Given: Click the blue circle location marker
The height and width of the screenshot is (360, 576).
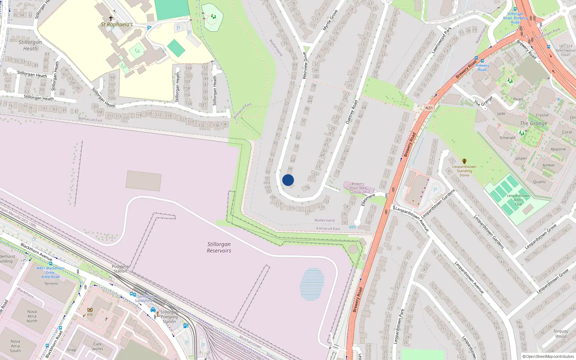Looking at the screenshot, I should (x=288, y=180).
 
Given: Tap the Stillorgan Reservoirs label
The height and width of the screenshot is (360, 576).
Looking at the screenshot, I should (x=219, y=247).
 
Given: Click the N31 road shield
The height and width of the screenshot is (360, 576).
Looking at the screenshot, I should (x=429, y=108).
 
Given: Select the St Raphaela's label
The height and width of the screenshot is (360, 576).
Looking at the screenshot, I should (x=117, y=24).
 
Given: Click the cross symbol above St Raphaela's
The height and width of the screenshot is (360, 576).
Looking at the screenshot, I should (x=111, y=18).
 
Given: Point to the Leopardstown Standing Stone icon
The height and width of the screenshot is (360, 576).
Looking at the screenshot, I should (x=464, y=161).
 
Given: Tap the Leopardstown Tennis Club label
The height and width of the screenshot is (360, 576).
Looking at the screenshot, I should (x=518, y=200).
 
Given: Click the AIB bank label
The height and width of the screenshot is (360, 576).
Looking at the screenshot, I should (x=90, y=314).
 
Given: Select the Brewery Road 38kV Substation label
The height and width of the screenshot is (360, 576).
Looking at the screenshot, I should (x=357, y=188).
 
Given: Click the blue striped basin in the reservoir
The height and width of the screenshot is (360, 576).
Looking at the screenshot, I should (x=312, y=284).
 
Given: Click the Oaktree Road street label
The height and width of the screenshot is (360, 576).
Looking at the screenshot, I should (x=352, y=112).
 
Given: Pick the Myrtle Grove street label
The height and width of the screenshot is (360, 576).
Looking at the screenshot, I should (x=330, y=20).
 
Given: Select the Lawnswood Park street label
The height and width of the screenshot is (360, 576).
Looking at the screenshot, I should (x=441, y=40).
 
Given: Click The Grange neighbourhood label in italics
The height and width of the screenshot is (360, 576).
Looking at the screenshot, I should (x=534, y=123).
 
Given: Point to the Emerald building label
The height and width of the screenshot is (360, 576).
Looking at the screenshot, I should (x=508, y=138).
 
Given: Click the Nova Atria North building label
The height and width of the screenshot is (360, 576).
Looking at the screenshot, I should (x=32, y=316).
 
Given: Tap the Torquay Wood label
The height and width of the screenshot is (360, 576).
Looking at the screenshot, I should (x=561, y=334).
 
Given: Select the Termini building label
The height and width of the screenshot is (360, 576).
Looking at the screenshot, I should (x=51, y=284).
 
